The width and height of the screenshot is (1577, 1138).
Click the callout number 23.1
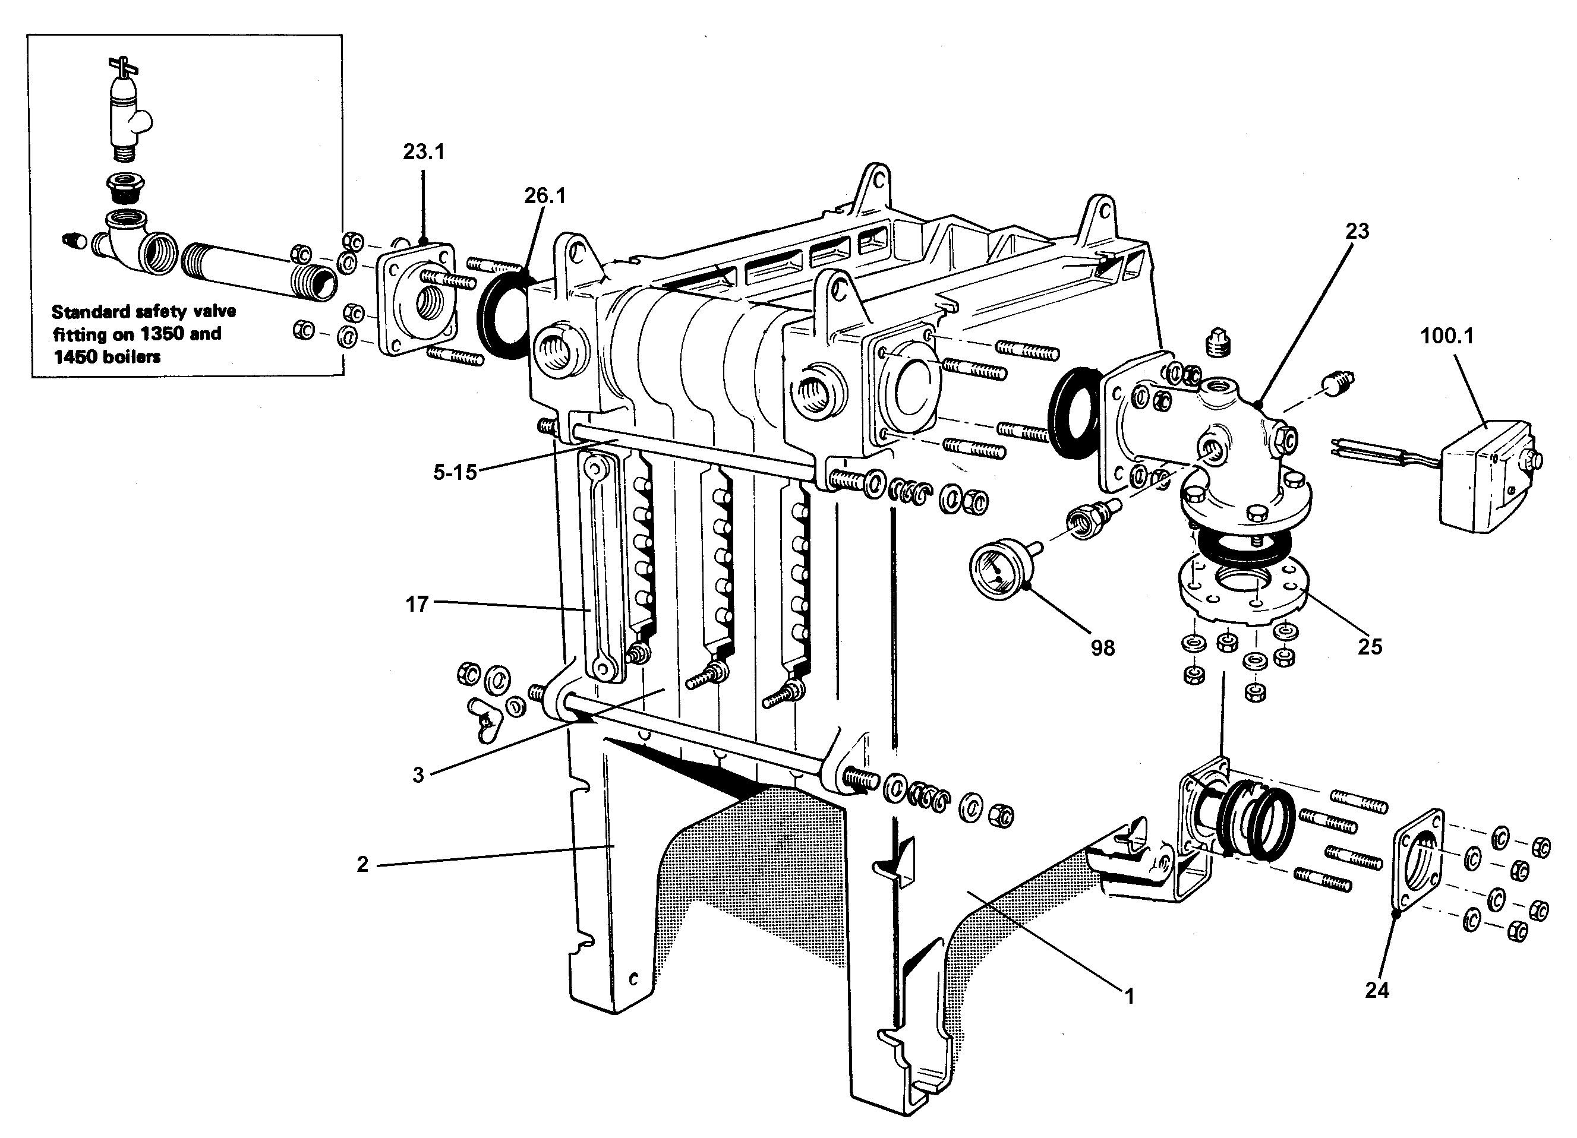pyautogui.click(x=424, y=152)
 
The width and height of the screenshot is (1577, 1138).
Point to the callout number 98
pyautogui.click(x=1103, y=648)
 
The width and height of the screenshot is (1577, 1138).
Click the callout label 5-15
pyautogui.click(x=455, y=473)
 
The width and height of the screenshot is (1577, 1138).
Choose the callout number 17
pyautogui.click(x=417, y=604)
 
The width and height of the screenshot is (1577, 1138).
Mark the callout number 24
pyautogui.click(x=1377, y=990)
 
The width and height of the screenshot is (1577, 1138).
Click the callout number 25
pyautogui.click(x=1370, y=647)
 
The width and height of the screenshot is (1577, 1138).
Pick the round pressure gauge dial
pyautogui.click(x=996, y=571)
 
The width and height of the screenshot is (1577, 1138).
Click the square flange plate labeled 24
pyautogui.click(x=1418, y=869)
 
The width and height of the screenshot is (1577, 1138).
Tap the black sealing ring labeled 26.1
pyautogui.click(x=502, y=317)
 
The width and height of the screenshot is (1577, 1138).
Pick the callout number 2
pyautogui.click(x=362, y=864)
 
